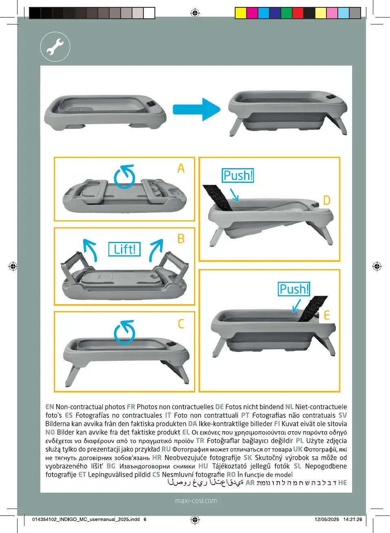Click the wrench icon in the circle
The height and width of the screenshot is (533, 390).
[55, 47]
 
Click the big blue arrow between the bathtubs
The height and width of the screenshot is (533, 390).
[197, 109]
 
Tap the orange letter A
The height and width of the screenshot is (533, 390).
[181, 168]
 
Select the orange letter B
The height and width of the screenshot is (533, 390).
[181, 239]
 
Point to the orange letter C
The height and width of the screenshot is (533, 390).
[181, 324]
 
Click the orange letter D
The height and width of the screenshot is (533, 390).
[326, 200]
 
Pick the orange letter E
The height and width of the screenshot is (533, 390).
[326, 316]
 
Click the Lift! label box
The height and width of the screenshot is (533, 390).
[124, 249]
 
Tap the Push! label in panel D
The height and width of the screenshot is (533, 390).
[238, 175]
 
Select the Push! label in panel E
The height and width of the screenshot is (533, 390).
[294, 289]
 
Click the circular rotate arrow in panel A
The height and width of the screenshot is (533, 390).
[125, 177]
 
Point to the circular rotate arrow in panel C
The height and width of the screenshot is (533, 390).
[125, 332]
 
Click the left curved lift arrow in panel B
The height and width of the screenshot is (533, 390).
[90, 249]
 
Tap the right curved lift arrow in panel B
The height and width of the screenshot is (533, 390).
[156, 249]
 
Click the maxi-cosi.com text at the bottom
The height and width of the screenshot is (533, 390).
[196, 501]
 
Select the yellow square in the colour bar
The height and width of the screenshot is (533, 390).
[241, 13]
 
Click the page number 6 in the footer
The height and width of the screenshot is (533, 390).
[145, 520]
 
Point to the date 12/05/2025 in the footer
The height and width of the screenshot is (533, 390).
[327, 520]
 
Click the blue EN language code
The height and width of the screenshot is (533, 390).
[50, 407]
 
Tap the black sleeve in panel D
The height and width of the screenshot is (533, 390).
[218, 197]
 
